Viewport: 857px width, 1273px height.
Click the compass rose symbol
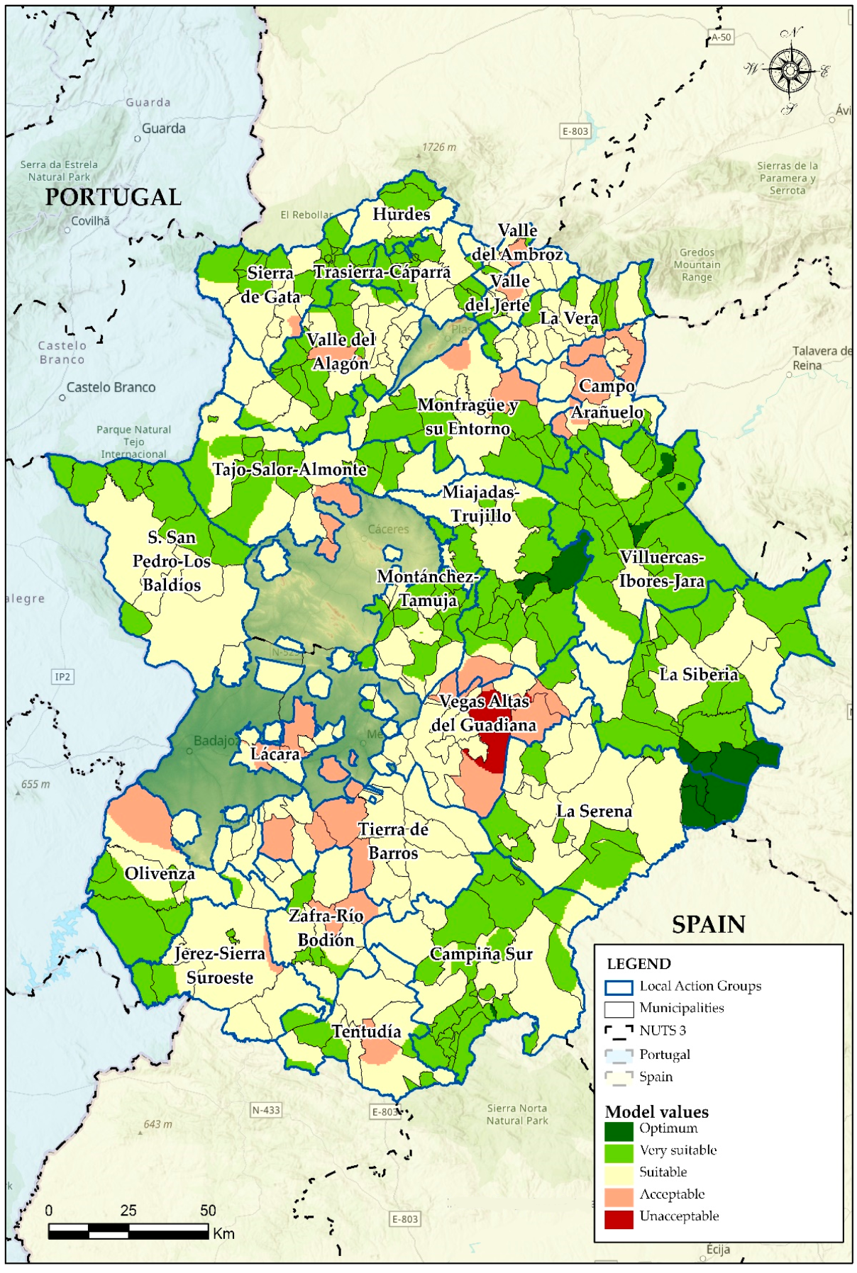click(x=790, y=69)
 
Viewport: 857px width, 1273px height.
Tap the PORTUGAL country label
click(x=114, y=197)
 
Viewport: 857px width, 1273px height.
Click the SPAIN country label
click(x=708, y=924)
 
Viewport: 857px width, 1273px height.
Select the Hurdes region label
click(x=402, y=214)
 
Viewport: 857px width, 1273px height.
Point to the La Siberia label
click(x=699, y=674)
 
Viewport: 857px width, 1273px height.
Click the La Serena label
click(x=594, y=811)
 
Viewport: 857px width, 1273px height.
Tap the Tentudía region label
click(x=367, y=1031)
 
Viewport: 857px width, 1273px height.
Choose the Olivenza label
click(x=160, y=873)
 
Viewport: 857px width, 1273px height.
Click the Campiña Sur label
click(x=481, y=954)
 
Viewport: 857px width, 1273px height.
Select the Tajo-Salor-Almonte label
click(x=289, y=469)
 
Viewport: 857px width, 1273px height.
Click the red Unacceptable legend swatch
click(x=619, y=1219)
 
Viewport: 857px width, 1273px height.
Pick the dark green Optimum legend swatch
click(x=619, y=1131)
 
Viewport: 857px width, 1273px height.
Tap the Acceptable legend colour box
click(x=619, y=1196)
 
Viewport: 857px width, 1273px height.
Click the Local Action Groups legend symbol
click(x=619, y=987)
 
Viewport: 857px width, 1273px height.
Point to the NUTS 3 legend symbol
click(x=619, y=1031)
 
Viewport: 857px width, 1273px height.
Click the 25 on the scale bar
click(x=128, y=1210)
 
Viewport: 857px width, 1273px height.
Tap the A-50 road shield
click(x=721, y=37)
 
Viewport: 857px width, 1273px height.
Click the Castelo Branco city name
click(x=111, y=388)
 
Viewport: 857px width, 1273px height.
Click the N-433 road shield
click(x=266, y=1110)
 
